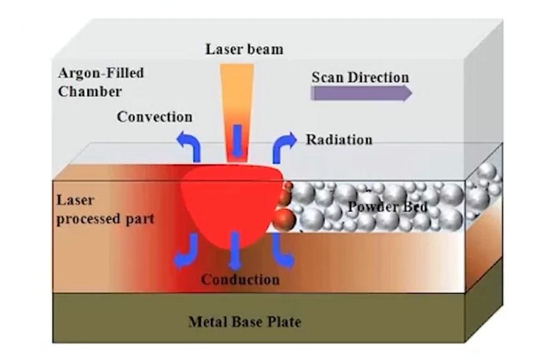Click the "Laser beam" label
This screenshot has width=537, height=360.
[244, 49]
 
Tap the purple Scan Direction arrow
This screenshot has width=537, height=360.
[361, 93]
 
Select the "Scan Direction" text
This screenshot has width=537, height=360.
[360, 78]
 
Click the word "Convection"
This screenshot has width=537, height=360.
[154, 117]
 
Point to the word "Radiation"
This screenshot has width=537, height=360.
[339, 139]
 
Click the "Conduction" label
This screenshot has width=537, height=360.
[240, 280]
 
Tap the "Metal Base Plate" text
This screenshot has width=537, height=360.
[244, 322]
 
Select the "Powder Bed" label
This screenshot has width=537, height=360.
[387, 207]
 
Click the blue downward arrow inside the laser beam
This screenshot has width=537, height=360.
[237, 141]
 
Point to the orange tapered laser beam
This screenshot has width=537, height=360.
[237, 93]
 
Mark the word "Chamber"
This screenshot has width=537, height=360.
[90, 91]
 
